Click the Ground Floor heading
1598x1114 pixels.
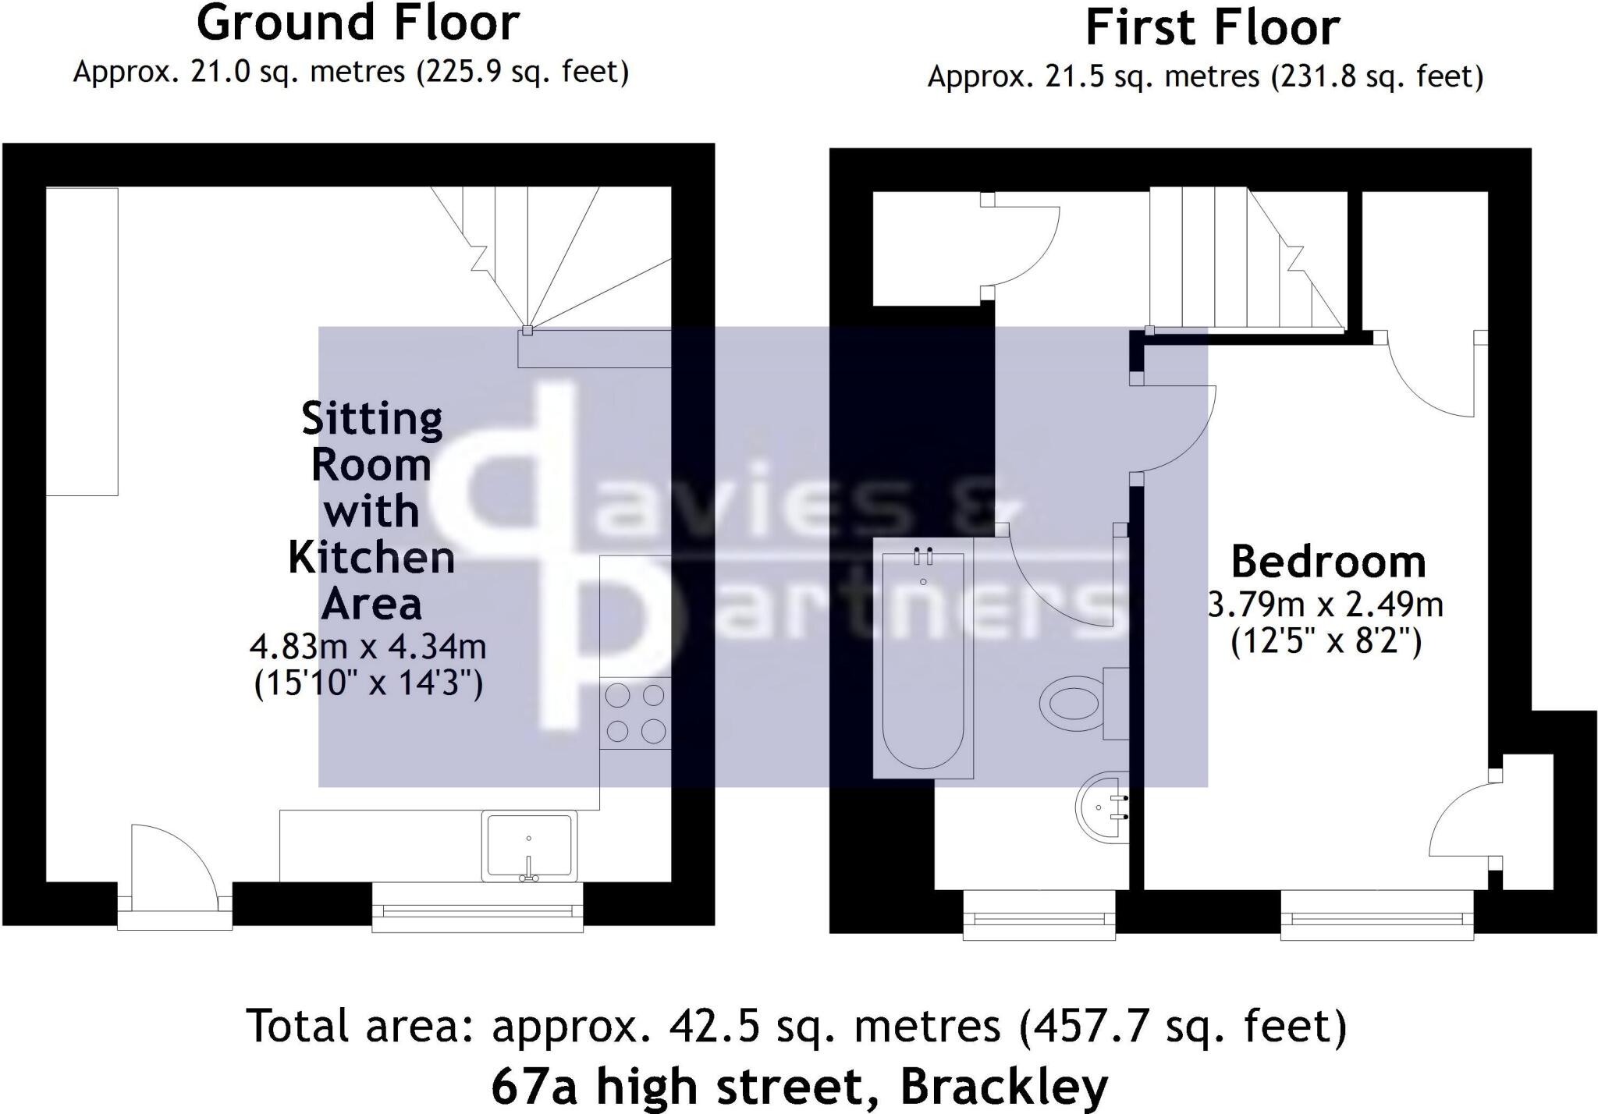pos(357,23)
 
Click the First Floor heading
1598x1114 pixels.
pos(1212,28)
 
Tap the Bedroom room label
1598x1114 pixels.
pos(1328,562)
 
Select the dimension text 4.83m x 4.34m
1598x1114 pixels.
pos(368,647)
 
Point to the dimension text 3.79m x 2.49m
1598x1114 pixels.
pos(1325,605)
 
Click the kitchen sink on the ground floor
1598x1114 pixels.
pos(529,846)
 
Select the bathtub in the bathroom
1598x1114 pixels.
pos(923,659)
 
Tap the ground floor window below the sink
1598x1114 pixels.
pos(478,909)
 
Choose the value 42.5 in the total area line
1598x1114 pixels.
pos(713,1026)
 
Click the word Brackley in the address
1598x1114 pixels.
pos(1003,1086)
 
